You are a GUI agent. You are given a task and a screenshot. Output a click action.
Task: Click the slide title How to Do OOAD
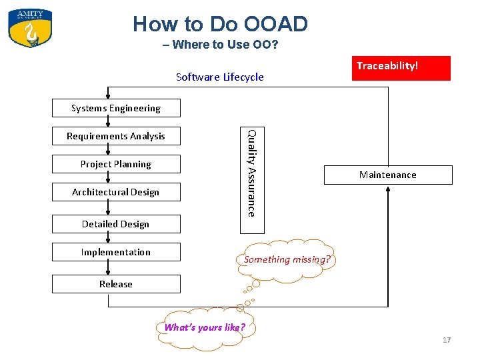click(220, 24)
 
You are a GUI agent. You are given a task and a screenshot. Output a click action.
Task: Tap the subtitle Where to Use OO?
click(220, 45)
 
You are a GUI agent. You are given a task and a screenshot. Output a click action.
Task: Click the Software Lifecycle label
click(219, 77)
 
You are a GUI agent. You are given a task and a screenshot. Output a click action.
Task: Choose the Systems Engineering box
click(116, 108)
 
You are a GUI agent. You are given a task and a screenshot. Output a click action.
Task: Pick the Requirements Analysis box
click(116, 136)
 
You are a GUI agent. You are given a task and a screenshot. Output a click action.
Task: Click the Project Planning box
click(116, 164)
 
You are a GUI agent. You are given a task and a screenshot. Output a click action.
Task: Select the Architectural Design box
click(116, 192)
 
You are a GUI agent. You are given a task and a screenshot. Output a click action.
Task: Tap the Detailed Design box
click(116, 224)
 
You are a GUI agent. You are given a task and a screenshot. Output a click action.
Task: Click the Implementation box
click(116, 252)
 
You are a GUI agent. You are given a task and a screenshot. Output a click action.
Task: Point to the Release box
click(116, 284)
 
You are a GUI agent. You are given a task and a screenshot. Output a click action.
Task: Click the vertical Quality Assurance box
click(250, 172)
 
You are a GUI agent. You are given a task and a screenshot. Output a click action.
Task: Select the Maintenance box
click(387, 175)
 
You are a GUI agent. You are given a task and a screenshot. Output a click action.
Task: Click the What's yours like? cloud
click(205, 327)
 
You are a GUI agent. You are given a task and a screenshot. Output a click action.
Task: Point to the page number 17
click(447, 341)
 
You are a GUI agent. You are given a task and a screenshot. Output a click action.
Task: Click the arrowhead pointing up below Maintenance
click(387, 190)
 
